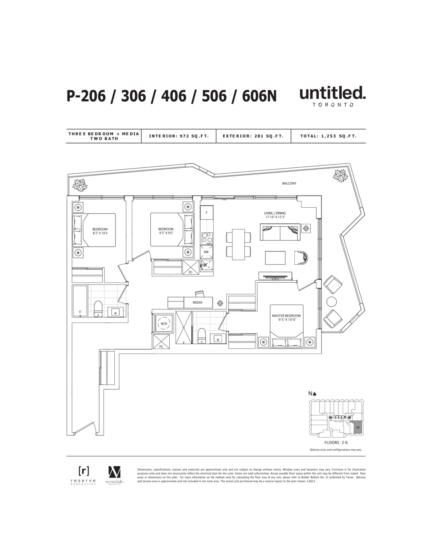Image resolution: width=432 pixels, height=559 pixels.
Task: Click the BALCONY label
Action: [x=289, y=183]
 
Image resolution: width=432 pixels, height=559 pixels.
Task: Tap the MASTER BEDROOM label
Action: [x=286, y=316]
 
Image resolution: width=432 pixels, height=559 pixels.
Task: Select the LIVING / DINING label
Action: [x=275, y=213]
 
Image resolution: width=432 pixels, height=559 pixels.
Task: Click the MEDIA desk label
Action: [x=197, y=302]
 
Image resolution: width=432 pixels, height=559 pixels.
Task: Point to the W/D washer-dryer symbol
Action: [x=164, y=324]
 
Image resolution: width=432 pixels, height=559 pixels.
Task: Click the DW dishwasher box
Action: [x=206, y=252]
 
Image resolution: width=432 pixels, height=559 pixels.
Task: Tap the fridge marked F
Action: [x=207, y=212]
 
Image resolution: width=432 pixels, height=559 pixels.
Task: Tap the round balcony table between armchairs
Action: [x=332, y=302]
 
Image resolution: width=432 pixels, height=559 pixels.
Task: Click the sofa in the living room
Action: [x=280, y=232]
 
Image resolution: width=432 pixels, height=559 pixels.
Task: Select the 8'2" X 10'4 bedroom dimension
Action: [x=100, y=233]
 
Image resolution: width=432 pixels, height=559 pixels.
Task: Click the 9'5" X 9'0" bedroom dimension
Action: [x=166, y=233]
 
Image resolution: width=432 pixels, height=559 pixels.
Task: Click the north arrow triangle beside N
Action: [x=315, y=394]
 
